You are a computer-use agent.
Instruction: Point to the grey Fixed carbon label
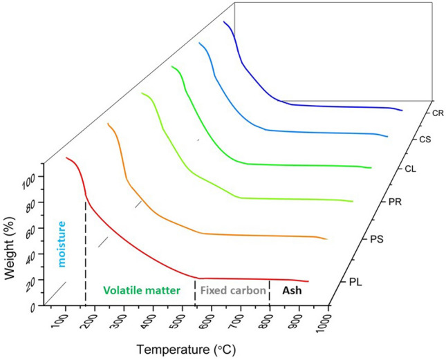pyautogui.click(x=232, y=292)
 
